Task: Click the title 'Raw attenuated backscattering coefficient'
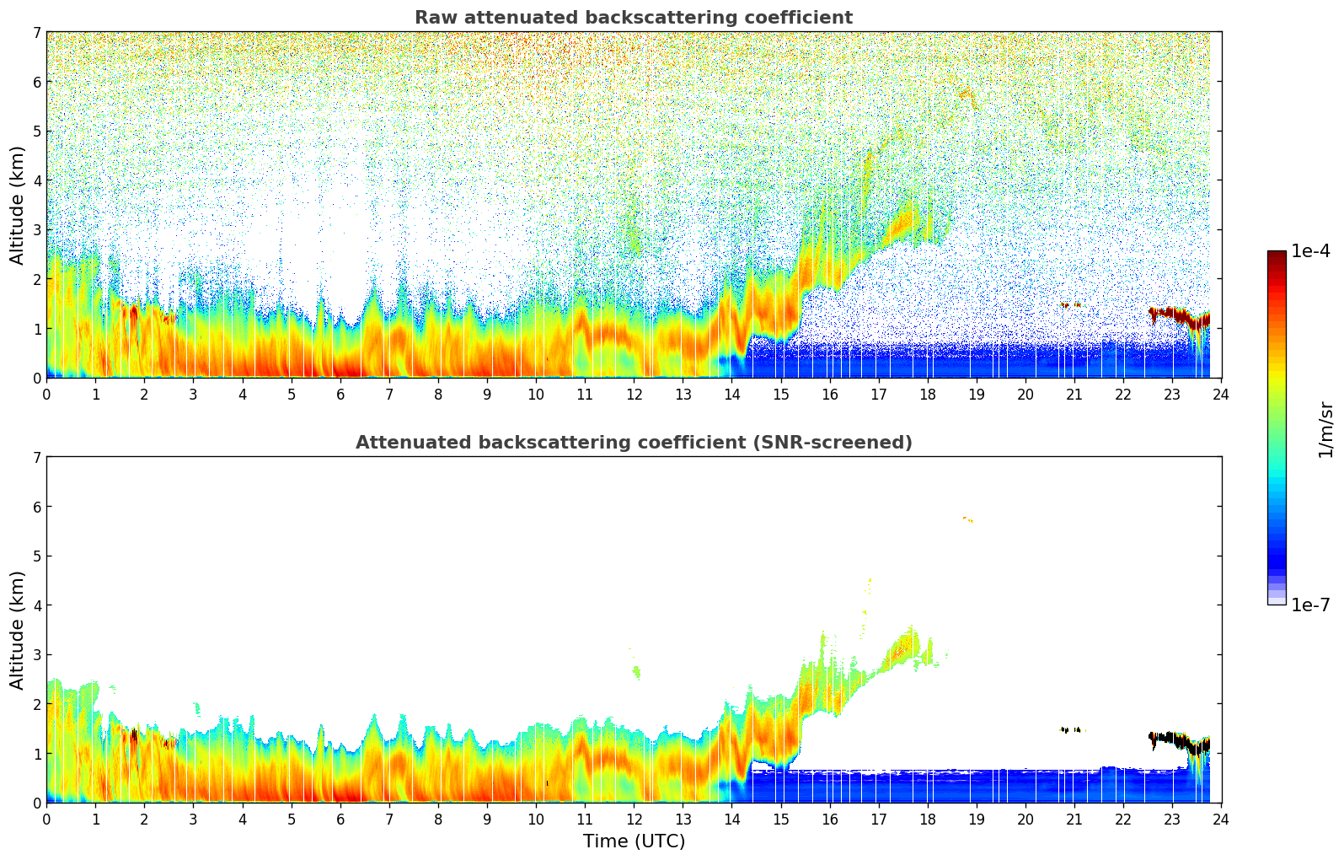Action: tap(633, 18)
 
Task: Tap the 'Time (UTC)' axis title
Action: tap(634, 841)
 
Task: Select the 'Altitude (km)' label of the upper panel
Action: tap(17, 205)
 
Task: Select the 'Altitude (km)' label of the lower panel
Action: tap(17, 630)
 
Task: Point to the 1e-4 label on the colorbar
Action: tap(1310, 251)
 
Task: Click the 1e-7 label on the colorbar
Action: tap(1310, 605)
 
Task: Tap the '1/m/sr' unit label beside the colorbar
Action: tap(1326, 429)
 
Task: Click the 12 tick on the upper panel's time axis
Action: tap(634, 394)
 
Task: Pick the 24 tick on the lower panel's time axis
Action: tap(1221, 819)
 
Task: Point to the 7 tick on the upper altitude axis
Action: tap(36, 33)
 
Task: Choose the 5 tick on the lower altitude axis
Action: tap(36, 556)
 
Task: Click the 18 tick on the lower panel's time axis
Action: tap(927, 819)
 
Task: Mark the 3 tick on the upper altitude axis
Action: tap(36, 229)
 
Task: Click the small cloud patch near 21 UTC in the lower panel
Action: tap(1071, 729)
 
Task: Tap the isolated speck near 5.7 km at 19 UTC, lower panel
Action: tap(969, 519)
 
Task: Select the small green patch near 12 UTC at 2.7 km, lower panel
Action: tap(636, 672)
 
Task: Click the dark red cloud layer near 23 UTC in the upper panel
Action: tap(1175, 315)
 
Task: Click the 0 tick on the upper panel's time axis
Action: tap(46, 394)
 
